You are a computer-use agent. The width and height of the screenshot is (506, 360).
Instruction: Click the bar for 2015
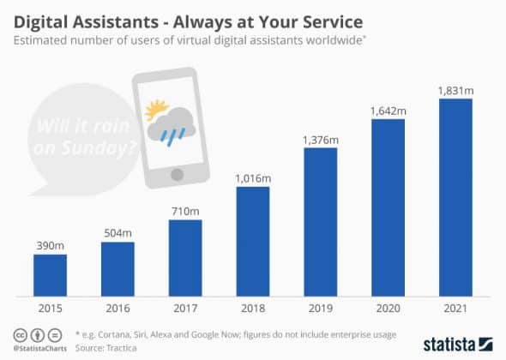pos(49,274)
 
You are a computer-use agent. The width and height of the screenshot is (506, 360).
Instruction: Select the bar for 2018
pos(252,241)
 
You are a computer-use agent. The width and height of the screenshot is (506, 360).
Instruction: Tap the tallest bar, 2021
pos(455,197)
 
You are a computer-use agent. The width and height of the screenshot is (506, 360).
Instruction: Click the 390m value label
pos(49,244)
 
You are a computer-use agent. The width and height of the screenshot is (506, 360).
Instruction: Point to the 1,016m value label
pos(252,177)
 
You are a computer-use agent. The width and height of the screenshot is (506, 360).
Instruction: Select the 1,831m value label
pos(455,90)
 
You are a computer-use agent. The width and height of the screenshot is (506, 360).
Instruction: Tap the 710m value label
pos(184,211)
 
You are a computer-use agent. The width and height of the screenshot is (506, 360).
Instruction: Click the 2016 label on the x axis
pos(117,307)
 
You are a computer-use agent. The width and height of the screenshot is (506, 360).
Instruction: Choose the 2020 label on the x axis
pos(388,307)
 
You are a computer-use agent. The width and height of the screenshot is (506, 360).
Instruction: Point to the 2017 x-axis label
pos(184,307)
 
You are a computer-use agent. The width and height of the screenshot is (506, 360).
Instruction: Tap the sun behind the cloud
pos(155,110)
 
